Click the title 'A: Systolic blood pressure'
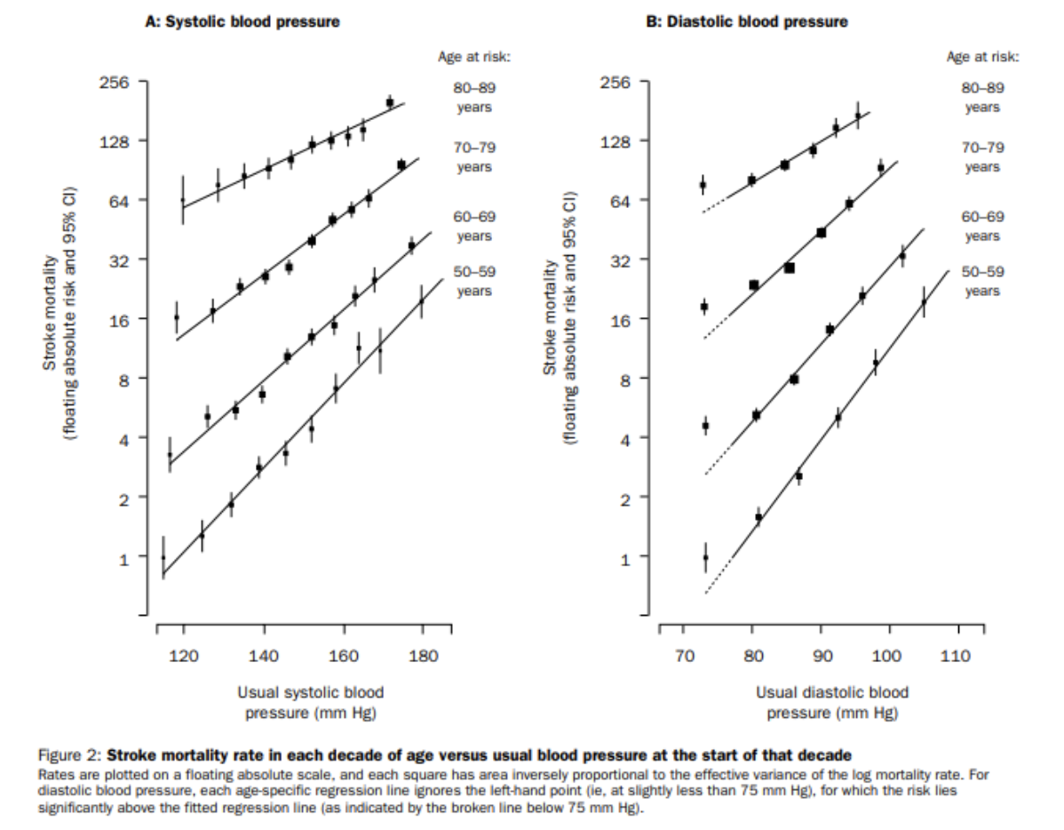(x=242, y=22)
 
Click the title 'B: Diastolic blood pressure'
(x=746, y=22)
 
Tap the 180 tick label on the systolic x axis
(x=422, y=656)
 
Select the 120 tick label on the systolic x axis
(x=184, y=656)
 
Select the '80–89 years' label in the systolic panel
(x=474, y=98)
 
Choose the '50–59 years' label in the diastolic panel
(x=982, y=282)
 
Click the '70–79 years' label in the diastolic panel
(x=982, y=157)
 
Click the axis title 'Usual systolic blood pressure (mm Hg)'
(x=311, y=701)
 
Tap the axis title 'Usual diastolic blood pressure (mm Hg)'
(x=831, y=701)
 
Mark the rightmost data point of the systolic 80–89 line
(x=390, y=103)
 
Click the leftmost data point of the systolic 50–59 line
(x=163, y=558)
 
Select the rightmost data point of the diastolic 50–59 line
(x=924, y=303)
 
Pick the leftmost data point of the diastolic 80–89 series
(x=703, y=185)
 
